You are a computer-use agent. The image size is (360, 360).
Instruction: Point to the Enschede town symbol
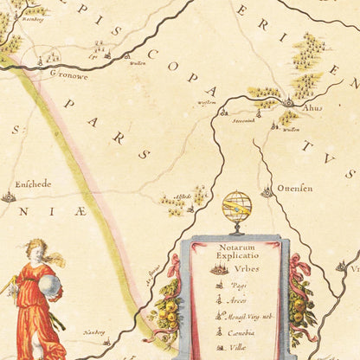point(8,197)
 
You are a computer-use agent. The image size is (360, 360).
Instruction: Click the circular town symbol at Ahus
point(288,103)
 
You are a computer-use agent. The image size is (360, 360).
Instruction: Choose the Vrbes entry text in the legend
point(246,269)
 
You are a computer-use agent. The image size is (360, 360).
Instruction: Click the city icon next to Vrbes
point(220,270)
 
